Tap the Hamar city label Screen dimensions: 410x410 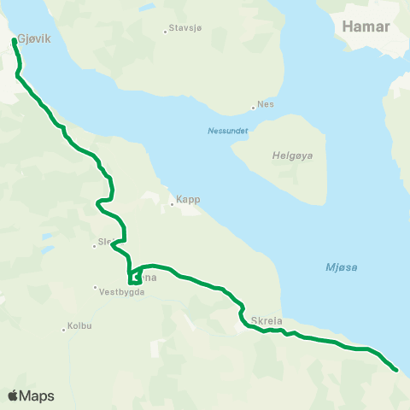(x=366, y=26)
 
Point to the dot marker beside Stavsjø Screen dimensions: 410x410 (x=166, y=32)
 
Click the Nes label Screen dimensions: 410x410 (x=266, y=105)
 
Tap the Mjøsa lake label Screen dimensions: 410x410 (x=341, y=267)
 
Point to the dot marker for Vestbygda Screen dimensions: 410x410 (x=97, y=287)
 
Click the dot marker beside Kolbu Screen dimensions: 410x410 (x=64, y=329)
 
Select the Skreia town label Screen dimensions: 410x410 (x=267, y=321)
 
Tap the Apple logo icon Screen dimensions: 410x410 (x=14, y=395)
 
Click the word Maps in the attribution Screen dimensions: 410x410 (x=38, y=395)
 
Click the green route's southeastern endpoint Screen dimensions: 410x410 (x=395, y=369)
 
